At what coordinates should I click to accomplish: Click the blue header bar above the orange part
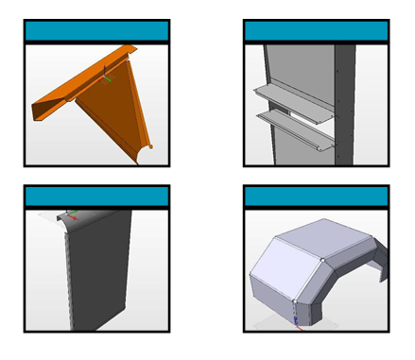(96, 31)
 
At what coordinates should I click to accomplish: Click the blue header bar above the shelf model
(316, 31)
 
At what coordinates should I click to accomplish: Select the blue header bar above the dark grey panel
(96, 197)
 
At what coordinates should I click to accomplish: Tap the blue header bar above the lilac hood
(316, 197)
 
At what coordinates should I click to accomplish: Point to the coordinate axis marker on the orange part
(105, 77)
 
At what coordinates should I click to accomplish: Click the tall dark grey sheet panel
(99, 274)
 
